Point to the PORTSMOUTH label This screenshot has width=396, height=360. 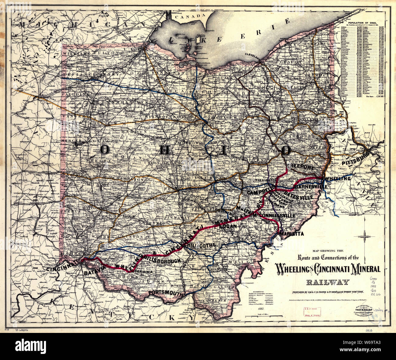click(167, 293)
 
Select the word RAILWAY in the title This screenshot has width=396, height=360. click(327, 282)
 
